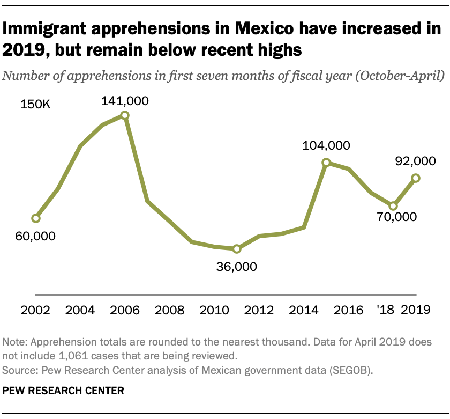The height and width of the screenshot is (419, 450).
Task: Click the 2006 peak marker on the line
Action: [x=125, y=115]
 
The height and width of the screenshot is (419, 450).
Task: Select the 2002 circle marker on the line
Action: [x=35, y=218]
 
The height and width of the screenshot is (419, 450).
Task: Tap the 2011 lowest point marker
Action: [x=237, y=249]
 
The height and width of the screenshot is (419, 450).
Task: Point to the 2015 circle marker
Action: [x=326, y=163]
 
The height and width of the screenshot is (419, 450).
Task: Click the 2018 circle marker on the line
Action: [x=393, y=206]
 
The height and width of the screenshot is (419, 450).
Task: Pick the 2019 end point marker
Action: [x=415, y=178]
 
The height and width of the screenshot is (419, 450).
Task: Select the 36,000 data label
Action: [x=236, y=267]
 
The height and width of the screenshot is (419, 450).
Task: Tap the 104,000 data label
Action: [x=326, y=145]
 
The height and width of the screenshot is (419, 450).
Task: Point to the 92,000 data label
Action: [x=414, y=160]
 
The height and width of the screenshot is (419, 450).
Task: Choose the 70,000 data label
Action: [x=395, y=217]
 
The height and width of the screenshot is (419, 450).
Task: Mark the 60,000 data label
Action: [x=35, y=236]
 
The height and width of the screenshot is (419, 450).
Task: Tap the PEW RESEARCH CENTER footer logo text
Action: [x=63, y=391]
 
